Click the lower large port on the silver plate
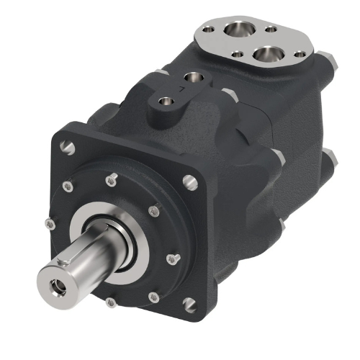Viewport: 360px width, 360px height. point(269,54)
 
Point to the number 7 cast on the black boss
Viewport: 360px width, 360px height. point(170,89)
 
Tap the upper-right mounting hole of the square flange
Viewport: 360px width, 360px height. point(191,181)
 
